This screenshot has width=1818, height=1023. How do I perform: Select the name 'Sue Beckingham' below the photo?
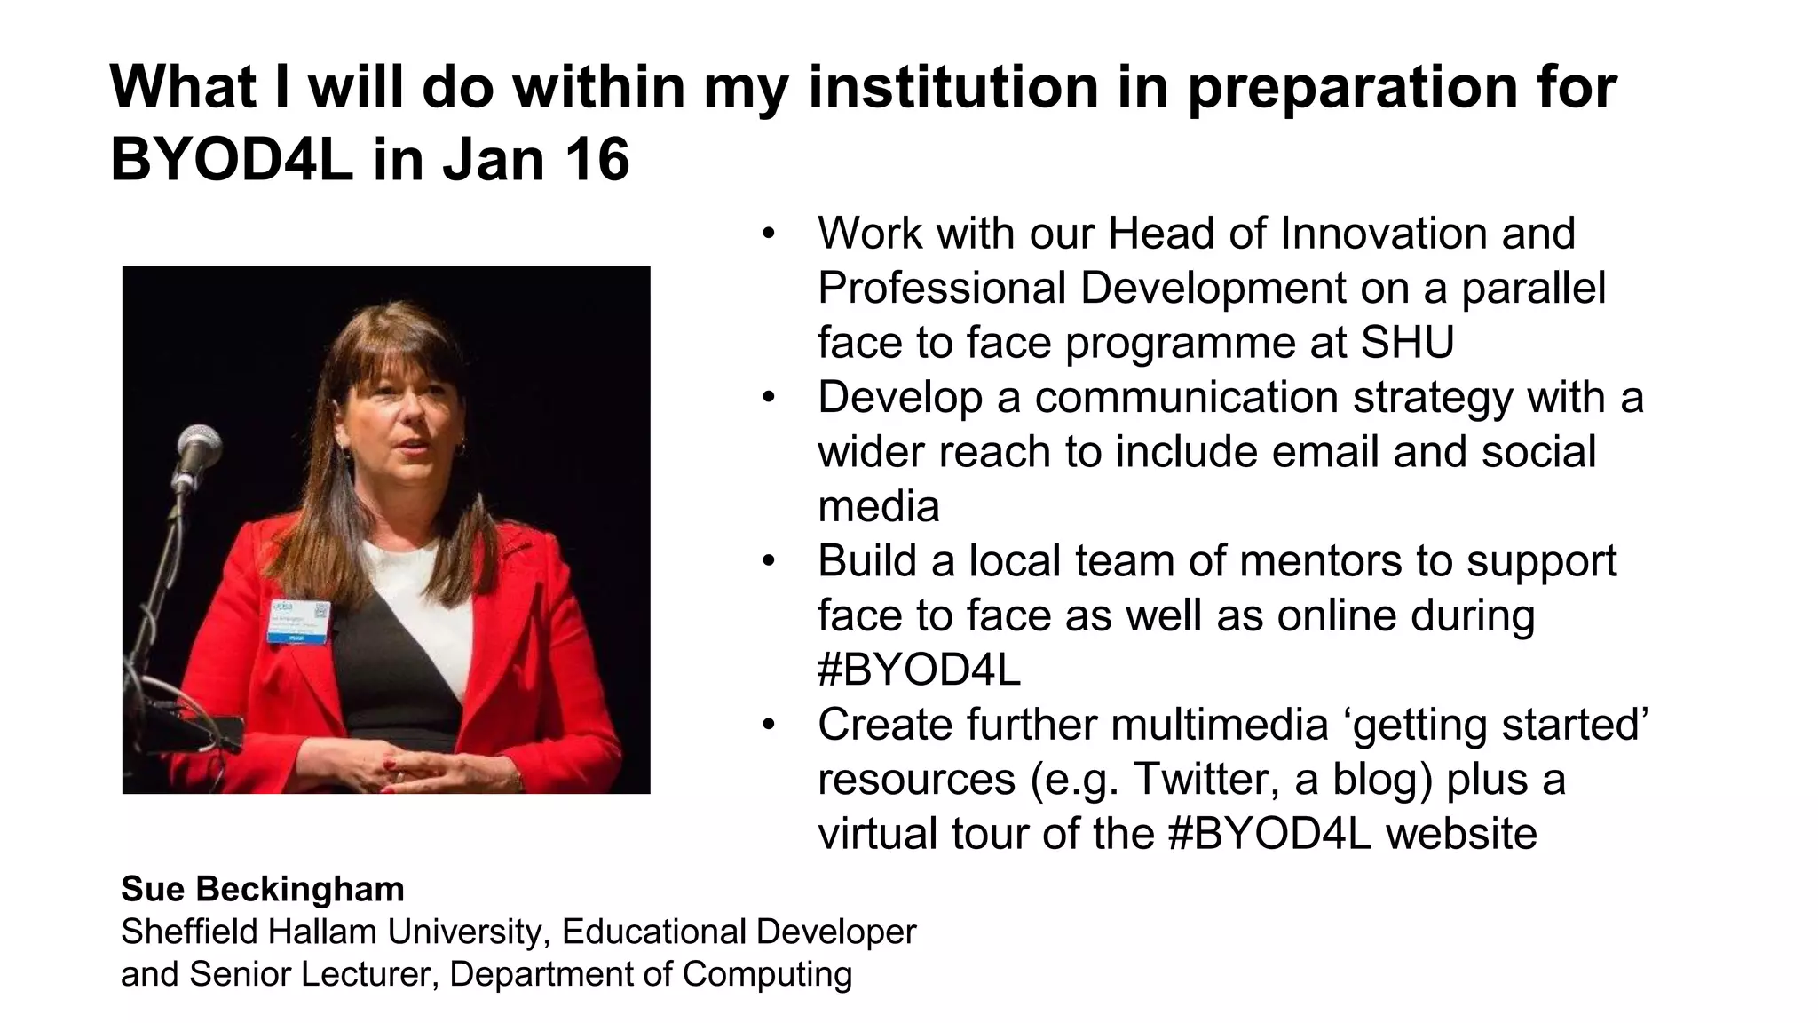(263, 889)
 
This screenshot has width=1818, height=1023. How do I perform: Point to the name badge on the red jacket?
(299, 621)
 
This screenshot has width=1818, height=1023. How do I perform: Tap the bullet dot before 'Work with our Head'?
(769, 234)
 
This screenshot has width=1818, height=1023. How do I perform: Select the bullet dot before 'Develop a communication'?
(769, 397)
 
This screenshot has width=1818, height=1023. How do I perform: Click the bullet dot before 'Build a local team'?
(769, 561)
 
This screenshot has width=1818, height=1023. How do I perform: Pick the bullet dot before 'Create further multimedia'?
(769, 725)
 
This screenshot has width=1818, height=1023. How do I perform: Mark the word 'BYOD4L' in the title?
(232, 160)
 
